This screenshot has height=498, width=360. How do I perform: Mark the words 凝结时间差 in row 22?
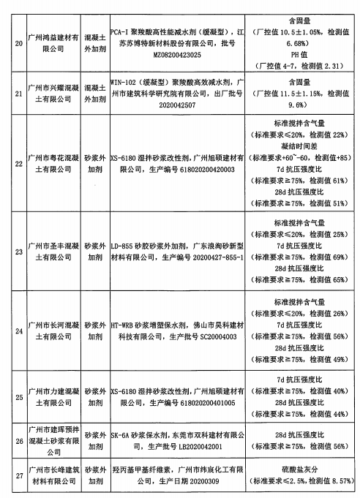[303, 146]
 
